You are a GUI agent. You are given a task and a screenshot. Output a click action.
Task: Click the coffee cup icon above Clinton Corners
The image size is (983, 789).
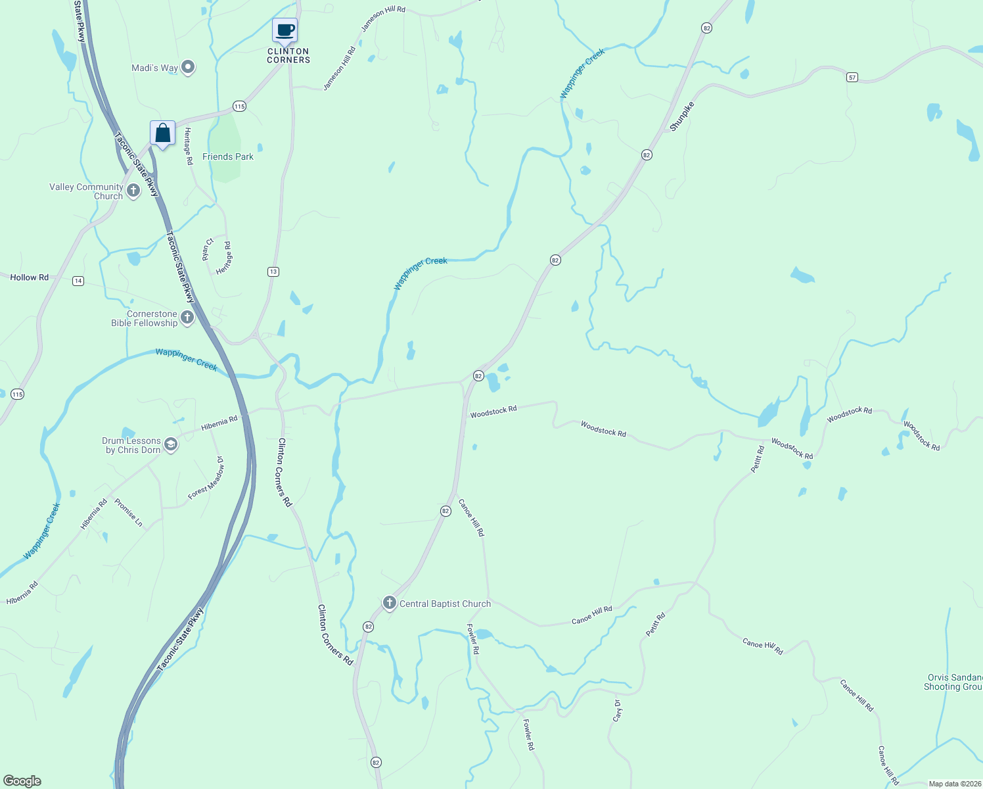pyautogui.click(x=285, y=30)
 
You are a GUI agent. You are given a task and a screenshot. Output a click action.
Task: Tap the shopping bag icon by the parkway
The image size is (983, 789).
pyautogui.click(x=162, y=133)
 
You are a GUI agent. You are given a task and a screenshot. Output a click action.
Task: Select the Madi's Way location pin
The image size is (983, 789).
pyautogui.click(x=189, y=67)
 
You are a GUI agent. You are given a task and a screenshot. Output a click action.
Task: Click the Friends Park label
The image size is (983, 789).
pyautogui.click(x=227, y=156)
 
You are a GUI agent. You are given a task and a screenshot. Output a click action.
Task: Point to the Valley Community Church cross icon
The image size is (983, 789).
pyautogui.click(x=133, y=191)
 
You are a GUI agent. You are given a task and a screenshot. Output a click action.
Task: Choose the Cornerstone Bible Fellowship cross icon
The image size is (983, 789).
pyautogui.click(x=187, y=318)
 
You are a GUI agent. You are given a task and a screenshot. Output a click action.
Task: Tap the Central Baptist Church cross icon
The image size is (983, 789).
pyautogui.click(x=390, y=603)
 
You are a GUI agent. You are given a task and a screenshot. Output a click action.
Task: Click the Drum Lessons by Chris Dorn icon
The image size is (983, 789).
pyautogui.click(x=171, y=445)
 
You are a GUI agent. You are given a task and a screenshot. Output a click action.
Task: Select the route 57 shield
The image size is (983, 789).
pyautogui.click(x=852, y=78)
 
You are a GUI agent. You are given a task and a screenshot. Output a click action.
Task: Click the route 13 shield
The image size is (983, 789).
pyautogui.click(x=273, y=272)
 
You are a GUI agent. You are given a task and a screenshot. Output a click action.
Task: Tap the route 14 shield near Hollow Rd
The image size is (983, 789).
pyautogui.click(x=78, y=281)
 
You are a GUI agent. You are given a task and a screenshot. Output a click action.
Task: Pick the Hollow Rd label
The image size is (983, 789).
pyautogui.click(x=29, y=277)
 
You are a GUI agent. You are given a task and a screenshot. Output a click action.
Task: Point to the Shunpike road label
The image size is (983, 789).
pyautogui.click(x=681, y=116)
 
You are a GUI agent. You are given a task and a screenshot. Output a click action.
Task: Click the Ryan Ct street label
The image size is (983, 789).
pyautogui.click(x=208, y=249)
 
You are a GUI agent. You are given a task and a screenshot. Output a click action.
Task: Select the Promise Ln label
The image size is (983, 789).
pyautogui.click(x=128, y=512)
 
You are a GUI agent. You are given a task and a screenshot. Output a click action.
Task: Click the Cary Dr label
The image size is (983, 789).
pyautogui.click(x=617, y=710)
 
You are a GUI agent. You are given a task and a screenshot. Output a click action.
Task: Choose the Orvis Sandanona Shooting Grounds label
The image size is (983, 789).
pyautogui.click(x=953, y=682)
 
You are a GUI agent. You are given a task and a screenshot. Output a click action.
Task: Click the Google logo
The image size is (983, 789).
pyautogui.click(x=22, y=781)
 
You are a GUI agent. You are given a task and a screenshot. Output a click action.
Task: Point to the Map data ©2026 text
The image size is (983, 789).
pyautogui.click(x=954, y=784)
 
